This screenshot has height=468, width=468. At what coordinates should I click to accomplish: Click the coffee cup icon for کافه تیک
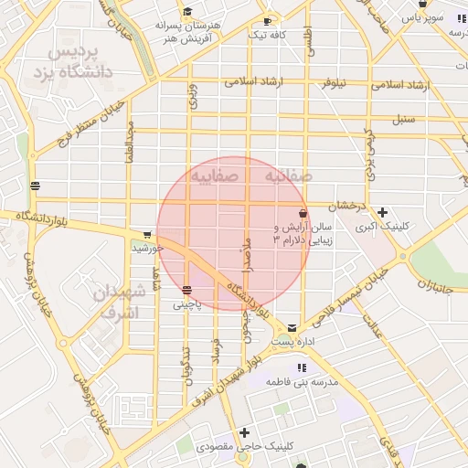(267, 20)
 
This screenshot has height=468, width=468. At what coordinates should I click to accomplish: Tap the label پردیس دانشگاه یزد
(80, 61)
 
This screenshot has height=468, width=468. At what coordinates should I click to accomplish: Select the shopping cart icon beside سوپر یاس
(422, 16)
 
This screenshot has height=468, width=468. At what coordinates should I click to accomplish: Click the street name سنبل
(403, 119)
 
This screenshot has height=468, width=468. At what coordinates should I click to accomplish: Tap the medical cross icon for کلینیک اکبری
(382, 212)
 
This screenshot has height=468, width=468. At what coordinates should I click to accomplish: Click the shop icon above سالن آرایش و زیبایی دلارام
(303, 212)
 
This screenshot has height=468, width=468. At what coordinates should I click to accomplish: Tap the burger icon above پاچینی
(187, 291)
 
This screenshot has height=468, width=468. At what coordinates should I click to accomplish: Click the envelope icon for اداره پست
(292, 327)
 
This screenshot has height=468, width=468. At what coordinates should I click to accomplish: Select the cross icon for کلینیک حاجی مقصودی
(243, 432)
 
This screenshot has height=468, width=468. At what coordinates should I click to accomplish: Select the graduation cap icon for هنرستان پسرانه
(187, 12)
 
